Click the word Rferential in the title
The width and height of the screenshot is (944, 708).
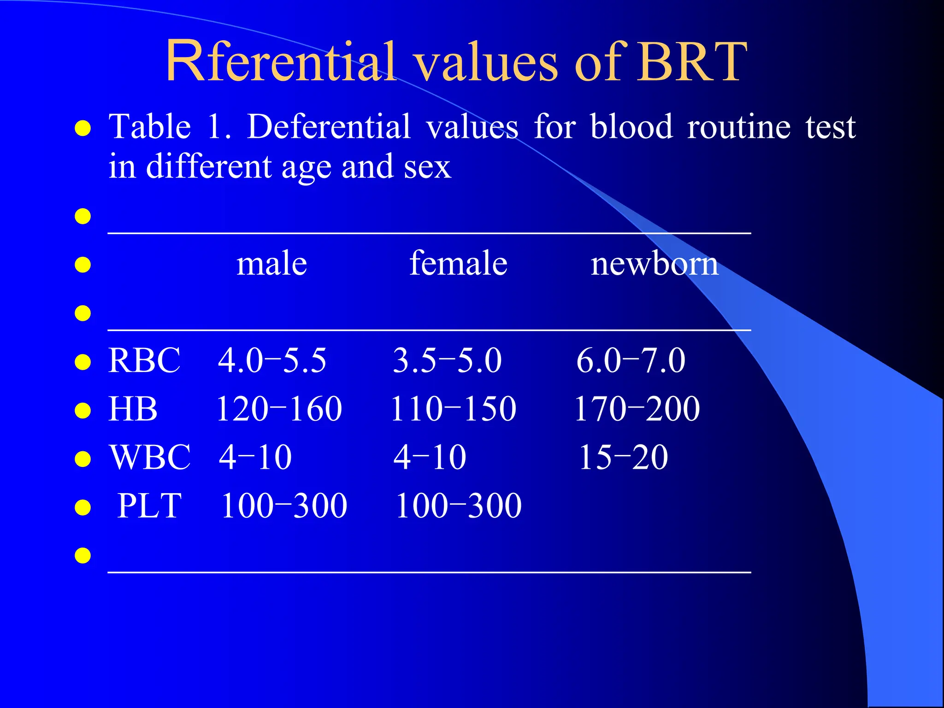click(280, 62)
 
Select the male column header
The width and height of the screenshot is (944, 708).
click(271, 264)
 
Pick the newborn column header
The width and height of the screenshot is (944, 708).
click(655, 264)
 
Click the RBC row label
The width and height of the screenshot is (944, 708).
click(144, 360)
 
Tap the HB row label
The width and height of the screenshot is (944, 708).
click(133, 409)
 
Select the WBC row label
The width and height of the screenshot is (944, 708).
click(150, 457)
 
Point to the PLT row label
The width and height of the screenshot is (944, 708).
click(149, 506)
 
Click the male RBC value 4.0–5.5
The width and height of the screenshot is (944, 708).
click(272, 360)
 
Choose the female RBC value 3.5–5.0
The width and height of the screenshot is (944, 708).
click(447, 360)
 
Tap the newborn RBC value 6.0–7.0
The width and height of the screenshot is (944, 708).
click(631, 360)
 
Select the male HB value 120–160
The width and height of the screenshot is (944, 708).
click(279, 409)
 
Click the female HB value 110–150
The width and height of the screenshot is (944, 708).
click(454, 409)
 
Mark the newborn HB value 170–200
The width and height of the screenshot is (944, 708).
click(637, 409)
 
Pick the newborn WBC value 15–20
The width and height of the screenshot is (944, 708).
click(623, 457)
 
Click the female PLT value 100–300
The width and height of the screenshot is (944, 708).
click(459, 506)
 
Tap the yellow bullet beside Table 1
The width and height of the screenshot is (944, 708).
click(83, 129)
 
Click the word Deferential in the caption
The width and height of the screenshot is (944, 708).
click(328, 127)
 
